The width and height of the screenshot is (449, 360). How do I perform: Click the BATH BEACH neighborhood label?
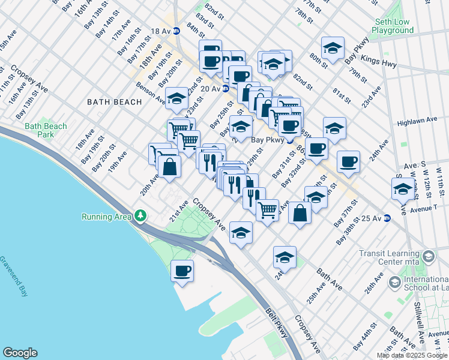click(x=115, y=102)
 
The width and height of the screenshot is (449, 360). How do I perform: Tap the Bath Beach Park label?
click(x=46, y=130)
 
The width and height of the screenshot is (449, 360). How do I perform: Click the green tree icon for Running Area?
click(x=140, y=215)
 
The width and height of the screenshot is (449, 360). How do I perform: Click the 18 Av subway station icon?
click(x=176, y=31)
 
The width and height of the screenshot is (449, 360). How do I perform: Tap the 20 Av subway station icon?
click(x=225, y=89)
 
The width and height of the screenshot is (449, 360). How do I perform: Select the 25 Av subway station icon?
click(x=387, y=218)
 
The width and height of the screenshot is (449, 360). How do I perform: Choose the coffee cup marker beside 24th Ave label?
click(x=348, y=161)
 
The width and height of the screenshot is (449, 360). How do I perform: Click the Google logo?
click(x=20, y=353)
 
